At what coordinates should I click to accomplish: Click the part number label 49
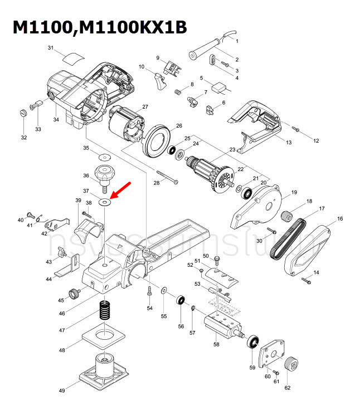point(62,391)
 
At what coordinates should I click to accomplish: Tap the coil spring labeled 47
point(104,310)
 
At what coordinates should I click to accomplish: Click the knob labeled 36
point(104,173)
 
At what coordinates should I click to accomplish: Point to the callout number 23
point(232,149)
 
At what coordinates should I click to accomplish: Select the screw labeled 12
point(296,130)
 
